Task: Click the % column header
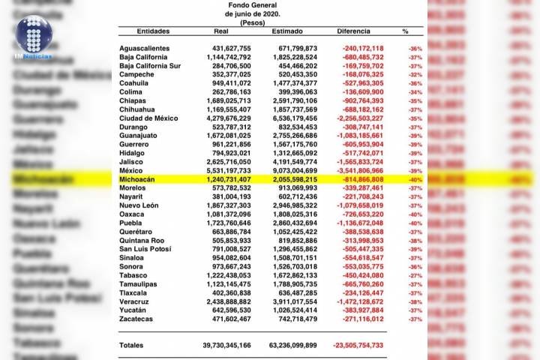405,31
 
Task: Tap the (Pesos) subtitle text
253,22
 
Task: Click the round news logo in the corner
34,31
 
